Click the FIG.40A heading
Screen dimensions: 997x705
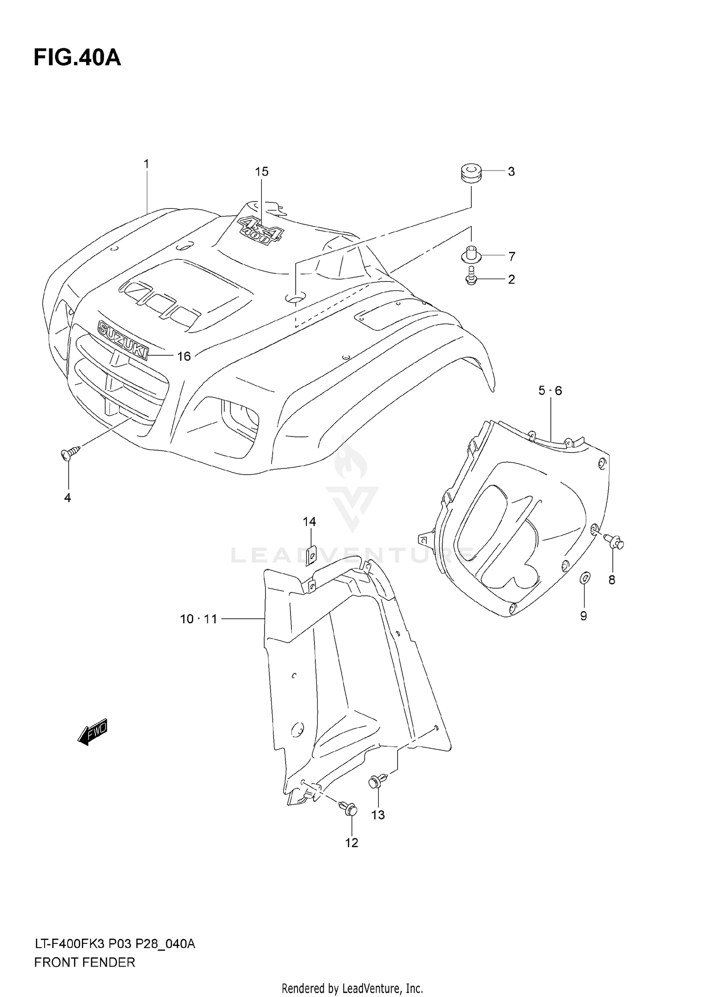click(77, 58)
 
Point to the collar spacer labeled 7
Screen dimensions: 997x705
click(470, 254)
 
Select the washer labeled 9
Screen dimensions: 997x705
click(584, 578)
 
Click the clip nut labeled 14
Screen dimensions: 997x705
click(310, 555)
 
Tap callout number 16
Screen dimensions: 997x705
click(184, 357)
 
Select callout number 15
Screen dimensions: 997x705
click(262, 172)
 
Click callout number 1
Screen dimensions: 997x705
click(146, 164)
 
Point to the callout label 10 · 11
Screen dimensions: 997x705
click(198, 619)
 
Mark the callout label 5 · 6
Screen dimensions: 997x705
click(550, 390)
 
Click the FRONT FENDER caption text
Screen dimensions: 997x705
click(85, 963)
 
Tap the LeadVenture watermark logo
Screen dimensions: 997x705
click(352, 507)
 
